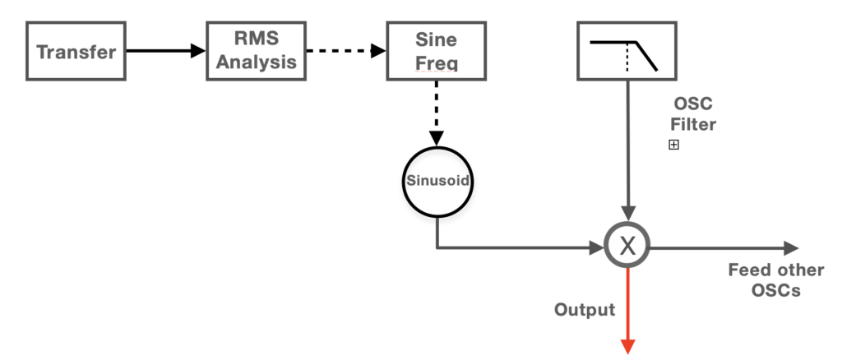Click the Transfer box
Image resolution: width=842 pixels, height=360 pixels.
77,51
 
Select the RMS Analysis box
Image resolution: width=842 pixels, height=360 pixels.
256,51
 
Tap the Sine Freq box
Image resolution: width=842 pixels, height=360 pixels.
436,51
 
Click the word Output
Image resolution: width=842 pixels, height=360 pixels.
584,310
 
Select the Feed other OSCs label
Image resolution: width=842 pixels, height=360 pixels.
764,280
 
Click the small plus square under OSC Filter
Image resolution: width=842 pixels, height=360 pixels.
673,145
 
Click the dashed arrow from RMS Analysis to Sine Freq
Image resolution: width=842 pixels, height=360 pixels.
345,51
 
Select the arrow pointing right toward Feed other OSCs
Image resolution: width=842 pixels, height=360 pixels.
724,247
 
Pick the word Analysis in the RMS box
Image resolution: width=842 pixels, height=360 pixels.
256,62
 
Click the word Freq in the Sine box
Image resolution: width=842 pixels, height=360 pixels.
436,62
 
